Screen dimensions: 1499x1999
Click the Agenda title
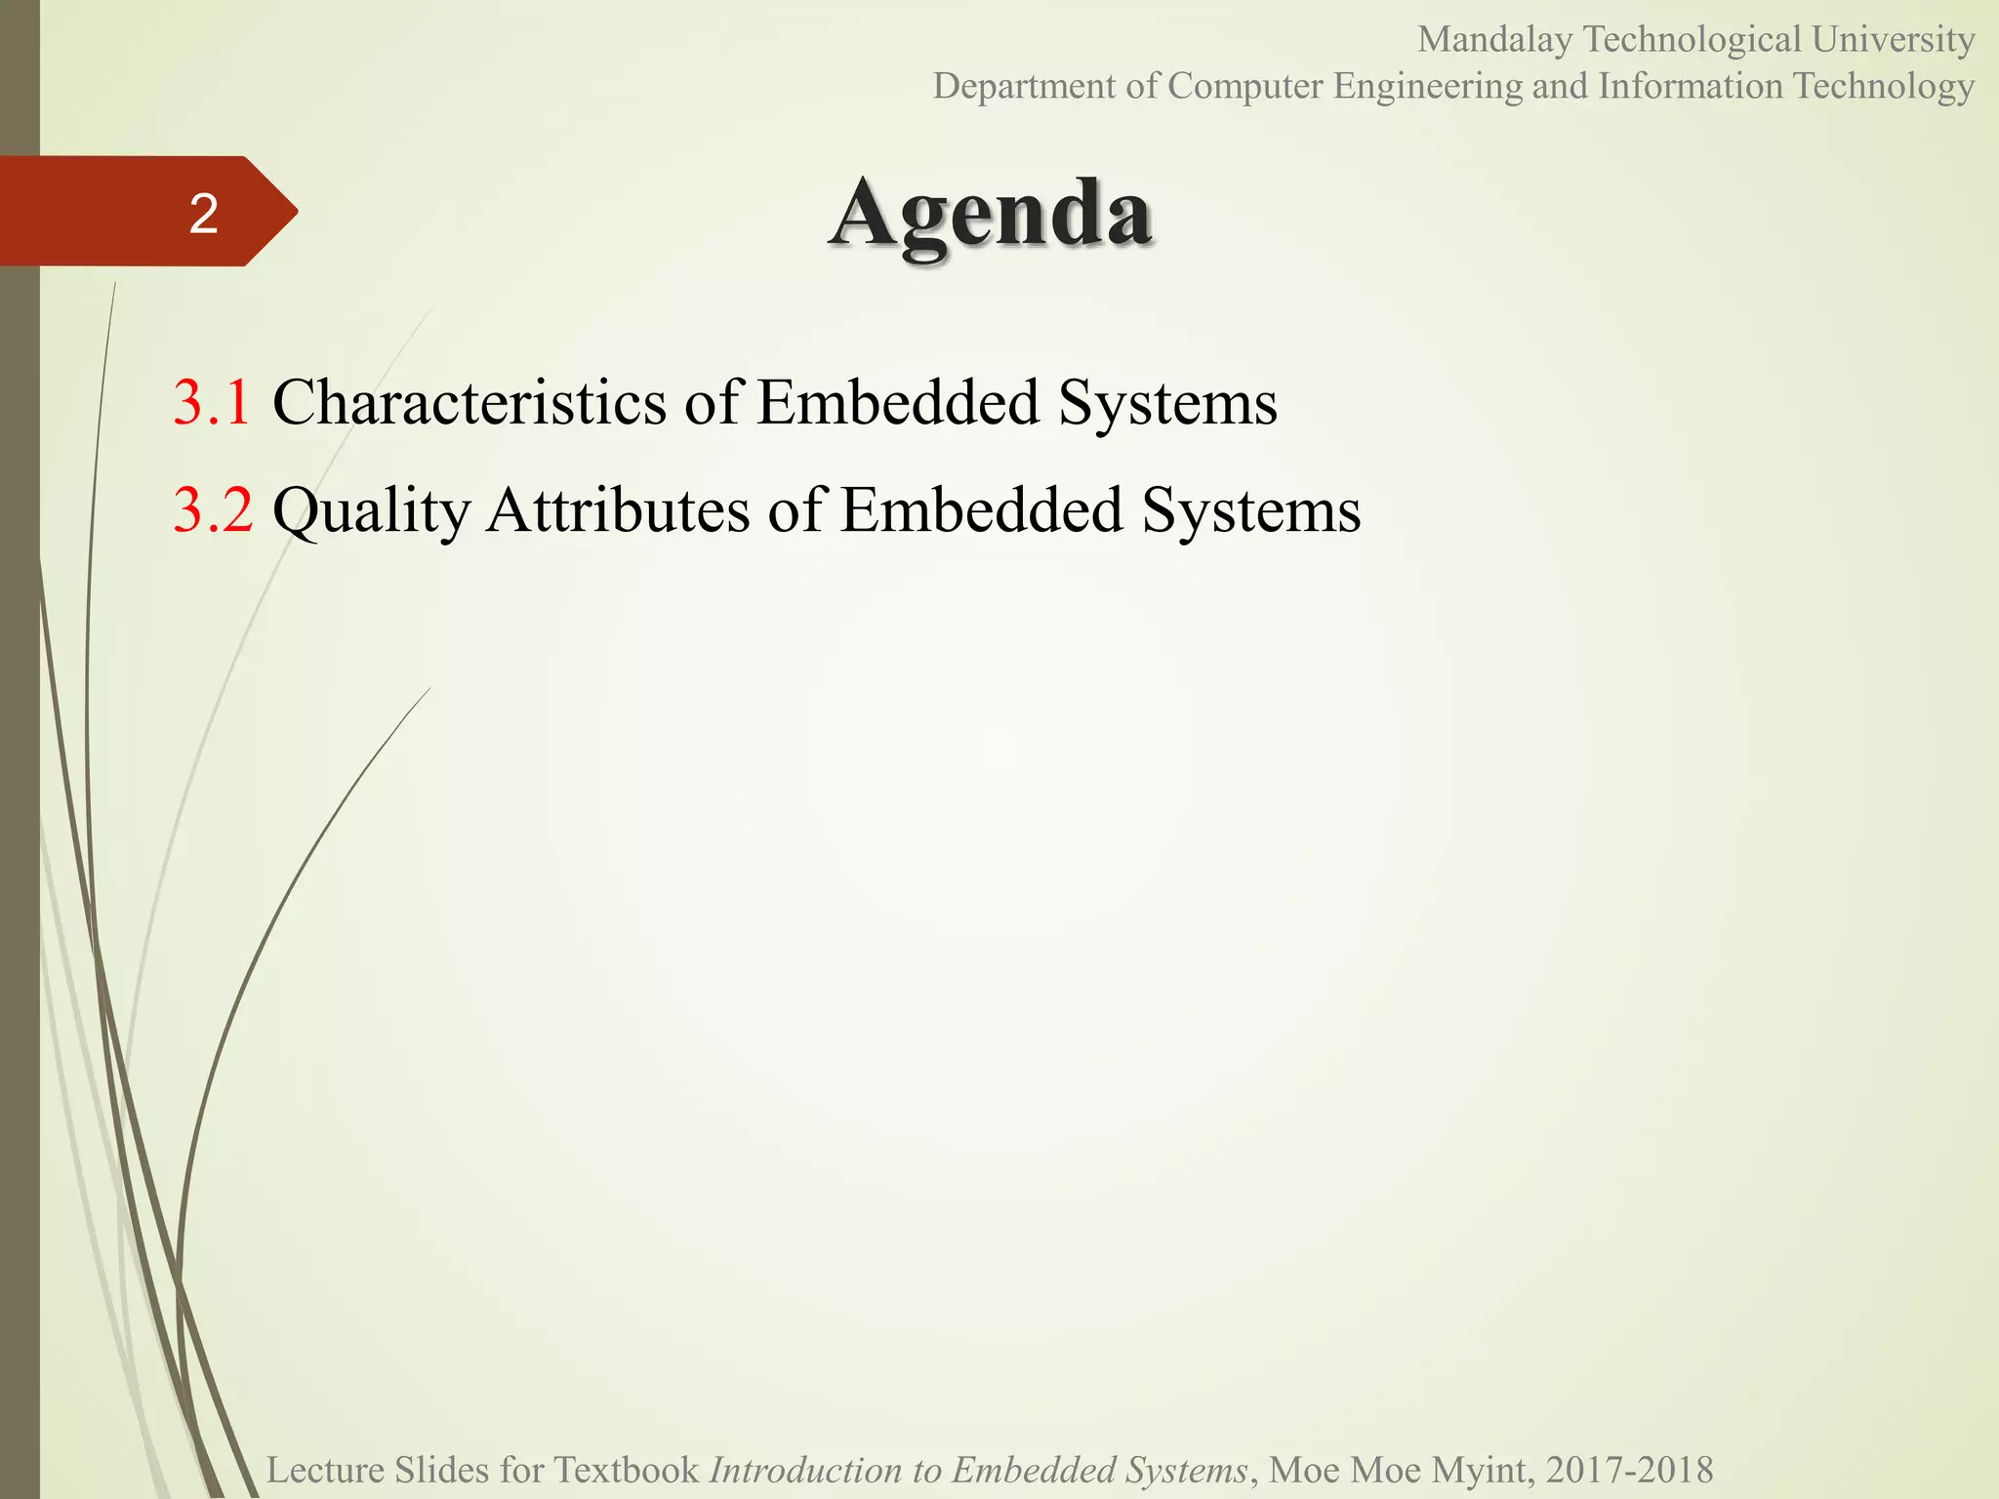point(991,214)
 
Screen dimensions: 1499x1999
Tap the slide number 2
point(203,213)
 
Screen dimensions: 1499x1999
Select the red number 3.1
point(213,402)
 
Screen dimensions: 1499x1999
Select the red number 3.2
point(213,509)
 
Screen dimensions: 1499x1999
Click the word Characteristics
point(469,402)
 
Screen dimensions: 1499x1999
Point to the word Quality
point(371,511)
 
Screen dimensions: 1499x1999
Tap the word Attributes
point(618,509)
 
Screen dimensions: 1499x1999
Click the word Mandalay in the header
point(1494,40)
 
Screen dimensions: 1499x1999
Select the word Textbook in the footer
point(627,1470)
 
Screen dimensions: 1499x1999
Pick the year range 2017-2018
point(1629,1470)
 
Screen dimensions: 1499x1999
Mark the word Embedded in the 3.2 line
point(981,509)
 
